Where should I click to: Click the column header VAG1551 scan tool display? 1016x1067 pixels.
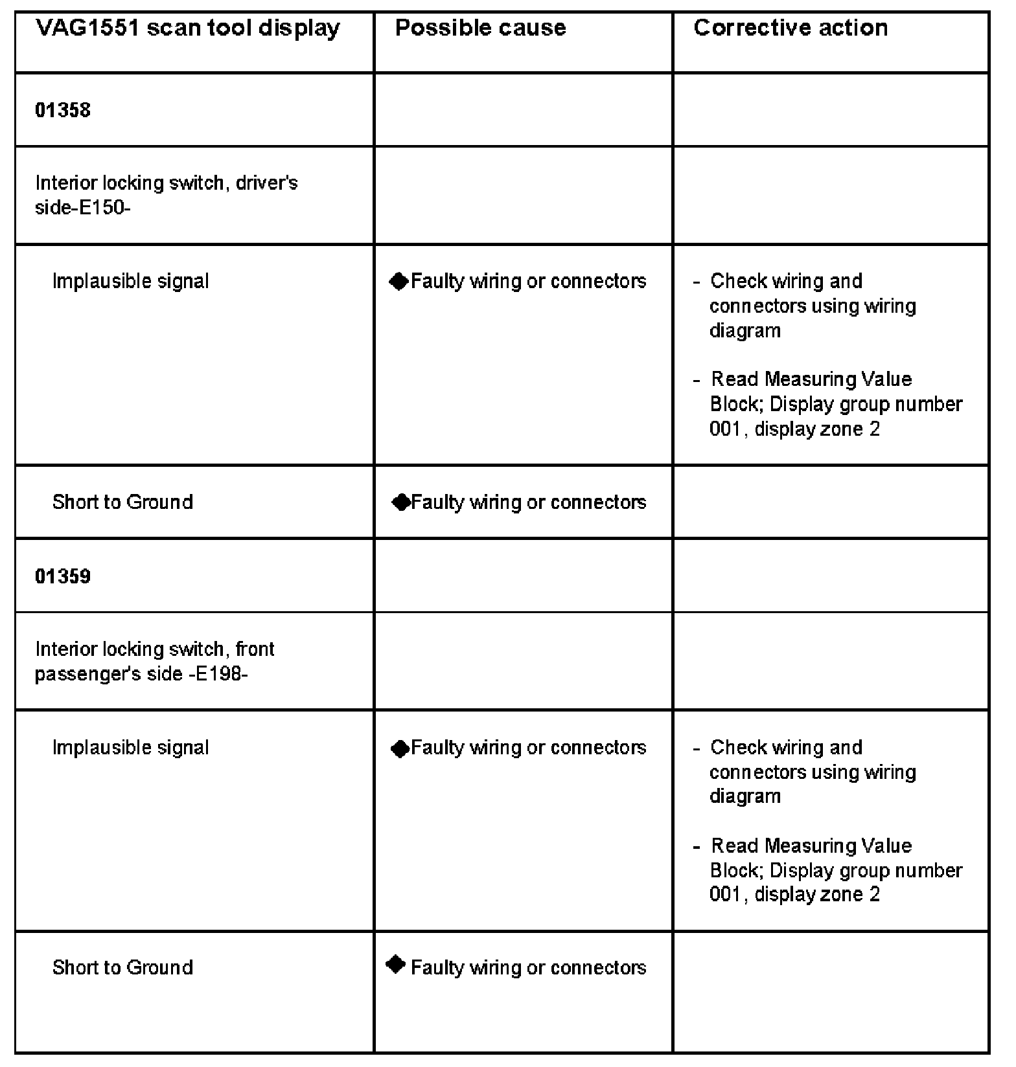click(187, 28)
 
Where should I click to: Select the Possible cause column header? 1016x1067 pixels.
click(480, 28)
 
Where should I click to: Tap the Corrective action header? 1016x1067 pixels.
click(790, 28)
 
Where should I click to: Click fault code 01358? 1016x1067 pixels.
click(63, 110)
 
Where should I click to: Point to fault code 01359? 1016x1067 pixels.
click(63, 576)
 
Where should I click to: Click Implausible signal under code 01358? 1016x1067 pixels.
click(130, 281)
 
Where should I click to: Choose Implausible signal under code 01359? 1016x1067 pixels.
click(130, 747)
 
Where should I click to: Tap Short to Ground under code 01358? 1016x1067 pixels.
click(122, 502)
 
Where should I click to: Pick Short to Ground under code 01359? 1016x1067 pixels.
click(122, 967)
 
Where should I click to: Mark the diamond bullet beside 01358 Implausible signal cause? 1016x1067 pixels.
click(399, 281)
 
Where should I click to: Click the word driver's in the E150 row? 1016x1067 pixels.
click(266, 183)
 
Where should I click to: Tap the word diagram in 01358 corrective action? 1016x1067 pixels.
click(745, 331)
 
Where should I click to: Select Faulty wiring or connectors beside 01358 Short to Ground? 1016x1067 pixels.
click(528, 502)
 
